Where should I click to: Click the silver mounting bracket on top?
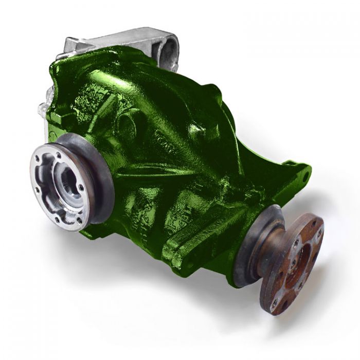coord(123,39)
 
